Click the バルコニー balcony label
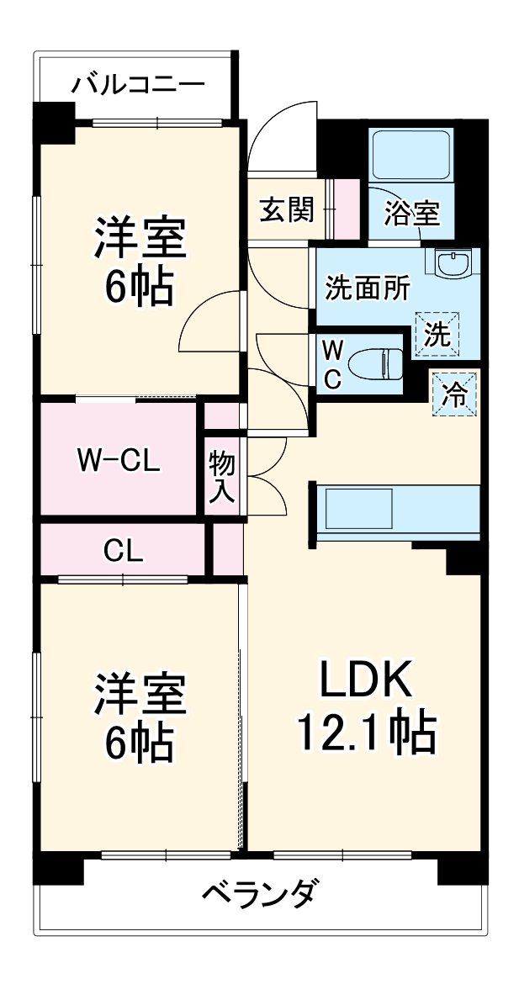(x=138, y=84)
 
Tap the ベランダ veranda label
(x=259, y=893)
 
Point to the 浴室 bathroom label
(x=411, y=213)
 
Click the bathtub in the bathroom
(x=412, y=155)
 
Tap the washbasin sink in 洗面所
(x=453, y=264)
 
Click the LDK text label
(x=364, y=682)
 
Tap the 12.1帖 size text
(x=367, y=731)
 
